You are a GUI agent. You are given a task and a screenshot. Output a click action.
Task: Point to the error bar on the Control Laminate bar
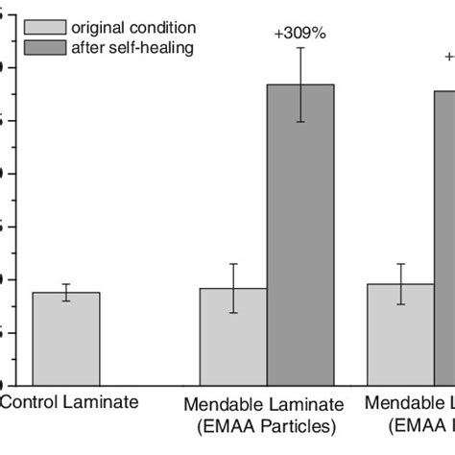point(66,293)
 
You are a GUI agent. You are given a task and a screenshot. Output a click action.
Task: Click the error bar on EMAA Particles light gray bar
point(233,288)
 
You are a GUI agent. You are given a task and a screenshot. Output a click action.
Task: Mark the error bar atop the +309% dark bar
point(300,84)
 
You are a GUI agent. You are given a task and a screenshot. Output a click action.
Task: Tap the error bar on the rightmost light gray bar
point(400,284)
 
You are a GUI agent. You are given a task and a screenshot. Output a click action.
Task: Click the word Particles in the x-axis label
point(301,424)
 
